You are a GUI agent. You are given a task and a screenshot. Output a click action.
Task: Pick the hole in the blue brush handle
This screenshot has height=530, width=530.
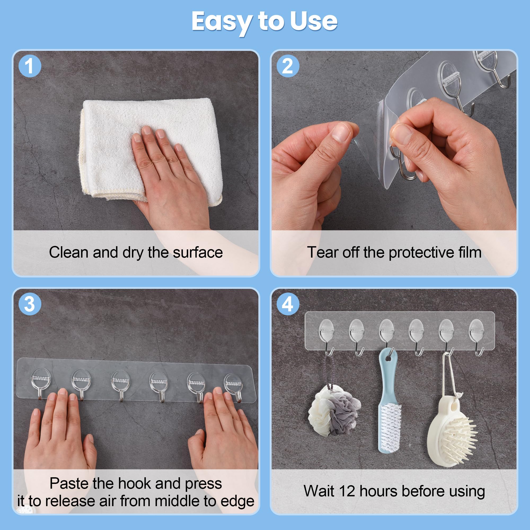point(389,358)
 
